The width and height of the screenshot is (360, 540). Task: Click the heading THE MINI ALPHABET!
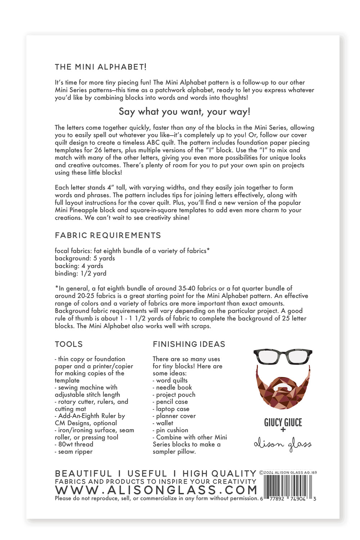(100, 67)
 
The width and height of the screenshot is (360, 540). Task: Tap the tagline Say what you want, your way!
(184, 112)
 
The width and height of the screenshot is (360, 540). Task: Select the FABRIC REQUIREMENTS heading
(108, 235)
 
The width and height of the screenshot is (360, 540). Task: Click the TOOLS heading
(69, 344)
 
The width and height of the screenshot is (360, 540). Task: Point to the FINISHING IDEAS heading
(189, 344)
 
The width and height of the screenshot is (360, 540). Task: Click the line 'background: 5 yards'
(85, 258)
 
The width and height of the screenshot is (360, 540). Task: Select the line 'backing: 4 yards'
(79, 266)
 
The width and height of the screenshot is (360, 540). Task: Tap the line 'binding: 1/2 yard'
(80, 273)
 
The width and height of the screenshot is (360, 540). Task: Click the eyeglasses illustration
(283, 357)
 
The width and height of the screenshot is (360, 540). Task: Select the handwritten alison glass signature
(283, 445)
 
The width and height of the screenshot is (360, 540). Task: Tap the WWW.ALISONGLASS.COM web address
(156, 490)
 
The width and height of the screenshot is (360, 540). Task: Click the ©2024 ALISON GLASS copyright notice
(288, 472)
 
